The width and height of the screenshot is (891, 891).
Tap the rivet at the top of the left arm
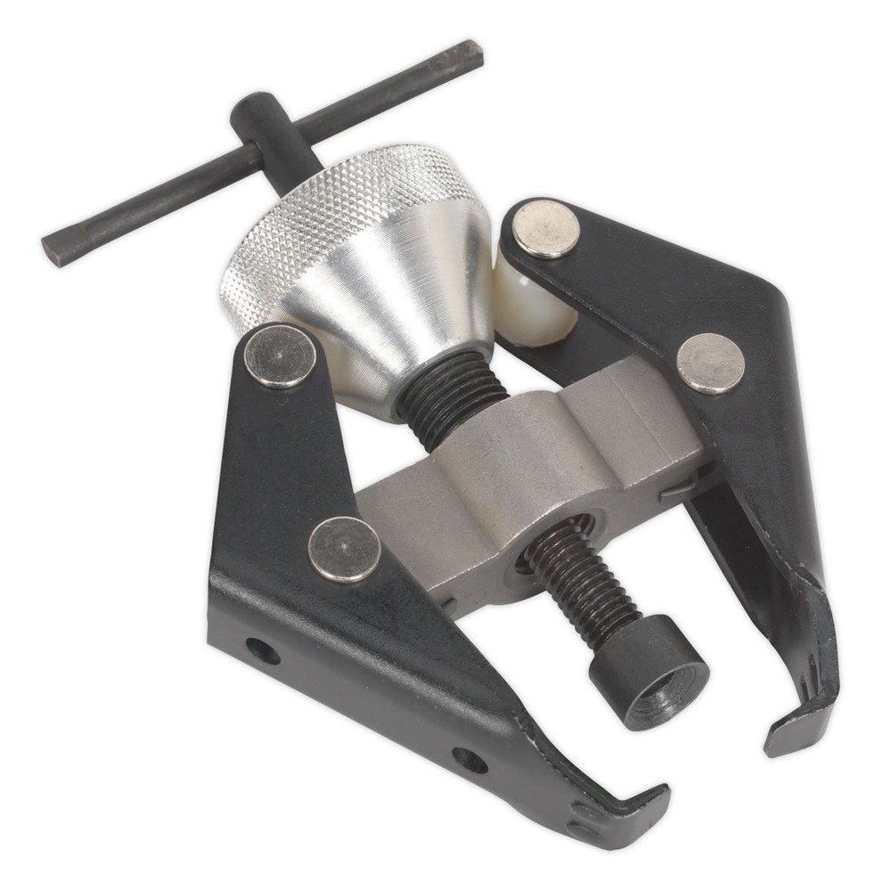[280, 356]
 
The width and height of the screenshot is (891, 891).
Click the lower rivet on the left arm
[344, 549]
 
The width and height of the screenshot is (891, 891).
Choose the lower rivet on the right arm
[710, 363]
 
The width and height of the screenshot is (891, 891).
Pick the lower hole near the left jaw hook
[470, 760]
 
